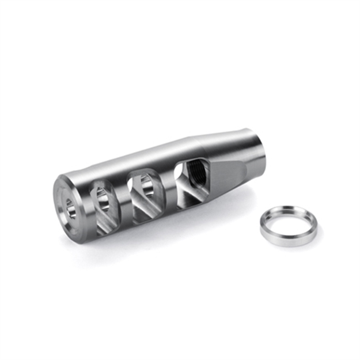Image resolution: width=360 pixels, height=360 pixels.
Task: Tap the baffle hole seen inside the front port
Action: (x=103, y=199)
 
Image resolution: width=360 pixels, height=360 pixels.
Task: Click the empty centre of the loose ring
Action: (x=287, y=222)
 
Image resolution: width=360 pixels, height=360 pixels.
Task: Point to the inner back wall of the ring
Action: (x=288, y=215)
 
